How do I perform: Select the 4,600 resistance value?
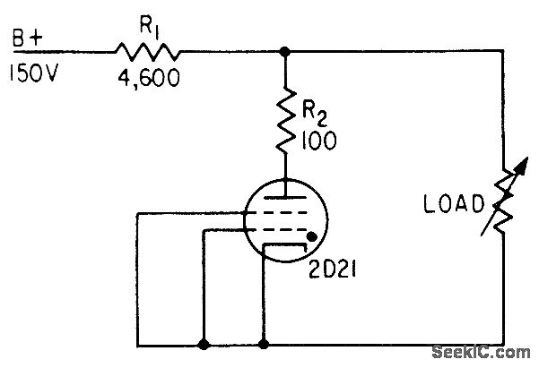[x=147, y=80]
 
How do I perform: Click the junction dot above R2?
[x=285, y=52]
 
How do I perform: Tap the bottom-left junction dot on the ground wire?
[x=204, y=343]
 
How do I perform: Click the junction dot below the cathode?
[x=263, y=343]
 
